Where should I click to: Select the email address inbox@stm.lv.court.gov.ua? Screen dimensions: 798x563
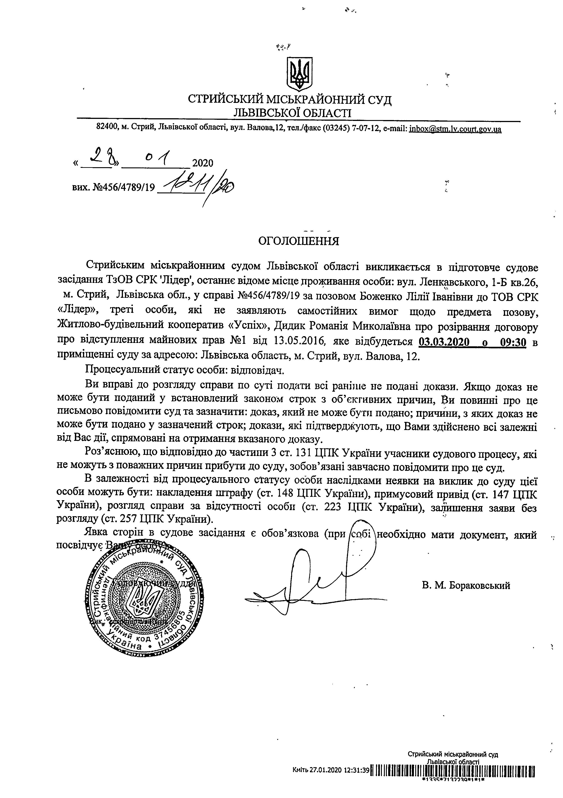coord(455,129)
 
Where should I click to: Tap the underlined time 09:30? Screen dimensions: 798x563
coord(513,342)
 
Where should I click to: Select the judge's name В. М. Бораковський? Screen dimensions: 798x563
coord(466,586)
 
